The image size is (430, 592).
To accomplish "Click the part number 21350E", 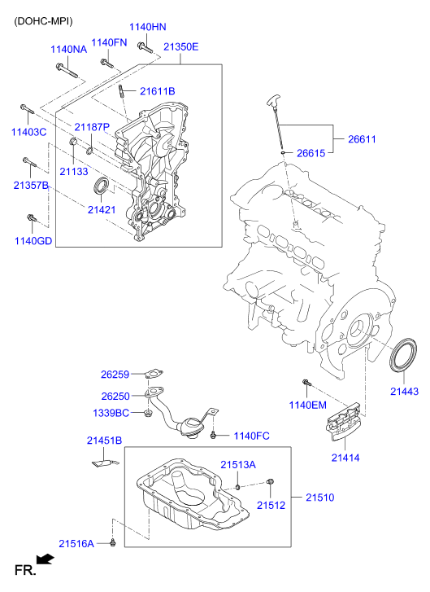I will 180,47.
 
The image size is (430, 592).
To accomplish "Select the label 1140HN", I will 147,28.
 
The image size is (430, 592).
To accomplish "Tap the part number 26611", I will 362,139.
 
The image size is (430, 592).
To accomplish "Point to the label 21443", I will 403,392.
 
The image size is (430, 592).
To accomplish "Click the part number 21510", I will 319,497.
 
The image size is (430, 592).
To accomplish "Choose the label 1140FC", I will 251,436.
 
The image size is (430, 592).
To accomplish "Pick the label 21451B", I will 104,441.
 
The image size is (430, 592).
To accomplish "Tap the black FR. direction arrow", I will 47,559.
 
